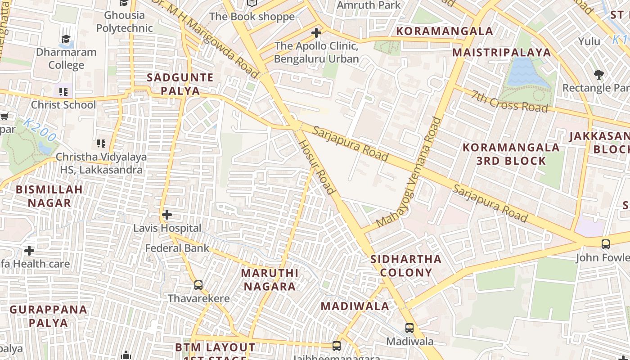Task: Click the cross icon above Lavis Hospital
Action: click(x=167, y=215)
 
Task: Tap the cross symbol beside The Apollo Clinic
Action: click(x=316, y=33)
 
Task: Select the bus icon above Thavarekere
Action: click(x=198, y=285)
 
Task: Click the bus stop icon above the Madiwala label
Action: click(x=409, y=328)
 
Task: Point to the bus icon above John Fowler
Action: click(x=606, y=244)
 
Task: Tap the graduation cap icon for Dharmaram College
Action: click(x=66, y=39)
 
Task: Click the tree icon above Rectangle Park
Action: click(x=598, y=74)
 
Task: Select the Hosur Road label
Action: click(x=317, y=166)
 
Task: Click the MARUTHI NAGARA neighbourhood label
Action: click(x=269, y=279)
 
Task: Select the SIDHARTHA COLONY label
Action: click(x=406, y=265)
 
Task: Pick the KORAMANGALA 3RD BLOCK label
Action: click(x=511, y=154)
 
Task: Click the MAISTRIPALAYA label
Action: click(x=501, y=52)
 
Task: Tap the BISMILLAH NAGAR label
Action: click(x=49, y=196)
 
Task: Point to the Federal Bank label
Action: click(x=177, y=248)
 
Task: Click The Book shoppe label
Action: click(x=252, y=17)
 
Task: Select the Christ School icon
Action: click(x=63, y=92)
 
